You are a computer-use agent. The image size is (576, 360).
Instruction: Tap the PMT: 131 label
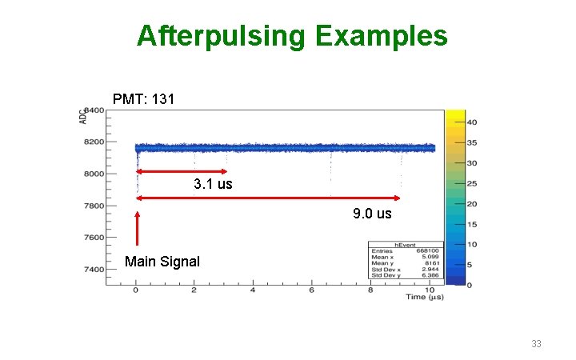click(141, 99)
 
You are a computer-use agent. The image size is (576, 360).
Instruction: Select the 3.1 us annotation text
click(213, 185)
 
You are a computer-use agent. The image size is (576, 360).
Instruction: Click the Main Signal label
click(162, 262)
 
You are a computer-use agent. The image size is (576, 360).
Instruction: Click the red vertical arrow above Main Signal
click(138, 228)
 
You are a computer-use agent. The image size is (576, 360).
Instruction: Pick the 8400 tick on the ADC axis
click(94, 111)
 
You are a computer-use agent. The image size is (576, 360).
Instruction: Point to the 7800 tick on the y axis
click(94, 206)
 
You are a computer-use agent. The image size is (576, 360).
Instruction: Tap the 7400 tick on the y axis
click(94, 270)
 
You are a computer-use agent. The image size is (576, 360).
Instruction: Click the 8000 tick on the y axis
click(94, 174)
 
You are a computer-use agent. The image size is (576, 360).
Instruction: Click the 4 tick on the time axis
click(253, 290)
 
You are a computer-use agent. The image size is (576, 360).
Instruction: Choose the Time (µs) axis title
click(423, 297)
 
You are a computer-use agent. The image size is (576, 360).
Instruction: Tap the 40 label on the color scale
click(472, 122)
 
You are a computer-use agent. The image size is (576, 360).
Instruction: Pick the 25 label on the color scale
click(472, 183)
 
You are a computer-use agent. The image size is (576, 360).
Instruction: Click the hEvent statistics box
click(405, 262)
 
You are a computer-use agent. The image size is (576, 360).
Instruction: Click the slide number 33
click(536, 343)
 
